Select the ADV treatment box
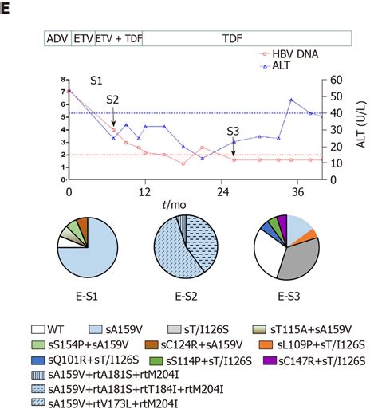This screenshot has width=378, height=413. coord(57,38)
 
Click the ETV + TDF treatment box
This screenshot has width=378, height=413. coord(118,38)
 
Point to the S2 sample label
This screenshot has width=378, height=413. coord(113,100)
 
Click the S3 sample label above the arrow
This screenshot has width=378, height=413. coord(233,131)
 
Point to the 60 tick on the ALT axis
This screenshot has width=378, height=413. coord(336,80)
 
